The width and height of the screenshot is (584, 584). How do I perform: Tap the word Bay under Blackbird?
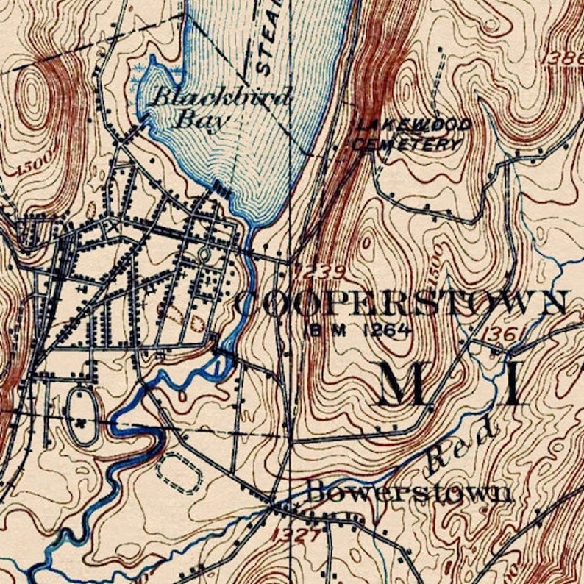coord(196,118)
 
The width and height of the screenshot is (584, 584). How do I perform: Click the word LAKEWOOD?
coord(413,126)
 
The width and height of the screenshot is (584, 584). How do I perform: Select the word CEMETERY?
coord(405,144)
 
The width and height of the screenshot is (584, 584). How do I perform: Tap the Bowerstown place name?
coord(408,491)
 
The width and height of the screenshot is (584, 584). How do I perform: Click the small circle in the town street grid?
coord(204,254)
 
